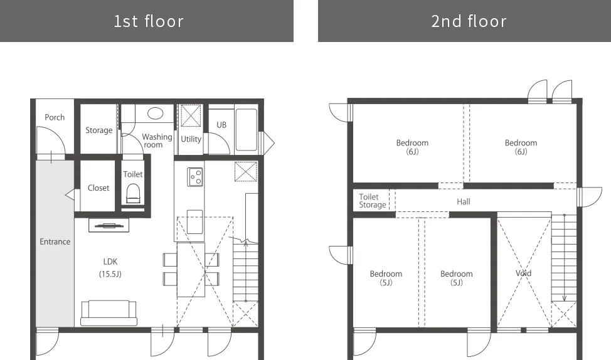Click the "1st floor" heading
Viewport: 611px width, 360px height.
[149, 21]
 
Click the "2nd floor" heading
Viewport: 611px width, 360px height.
[469, 21]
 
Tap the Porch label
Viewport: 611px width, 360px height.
[55, 117]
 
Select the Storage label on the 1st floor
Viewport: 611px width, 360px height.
[99, 130]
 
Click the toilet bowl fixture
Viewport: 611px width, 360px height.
[133, 194]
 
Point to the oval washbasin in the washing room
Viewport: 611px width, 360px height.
[155, 114]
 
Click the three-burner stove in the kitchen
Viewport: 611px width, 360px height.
[195, 177]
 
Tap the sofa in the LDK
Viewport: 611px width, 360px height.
[109, 313]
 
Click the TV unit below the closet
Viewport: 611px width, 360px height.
[109, 225]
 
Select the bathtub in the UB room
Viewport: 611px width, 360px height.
[247, 129]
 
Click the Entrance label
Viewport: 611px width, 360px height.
[55, 241]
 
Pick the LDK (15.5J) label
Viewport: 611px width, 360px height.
[110, 268]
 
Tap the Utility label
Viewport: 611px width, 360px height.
[191, 139]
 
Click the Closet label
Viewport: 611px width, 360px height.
[98, 188]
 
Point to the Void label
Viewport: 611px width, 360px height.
[523, 273]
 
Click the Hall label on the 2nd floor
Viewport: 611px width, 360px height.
[464, 201]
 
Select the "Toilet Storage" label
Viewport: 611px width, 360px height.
[373, 201]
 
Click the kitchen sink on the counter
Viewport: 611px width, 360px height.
[195, 221]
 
